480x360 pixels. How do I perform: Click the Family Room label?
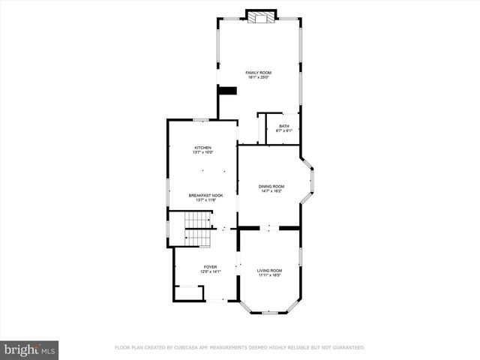(258, 72)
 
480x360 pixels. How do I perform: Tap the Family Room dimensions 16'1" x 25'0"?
(258, 76)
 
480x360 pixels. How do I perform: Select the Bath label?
(284, 126)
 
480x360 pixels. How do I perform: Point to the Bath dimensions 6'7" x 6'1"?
(284, 130)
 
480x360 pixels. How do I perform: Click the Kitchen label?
(203, 148)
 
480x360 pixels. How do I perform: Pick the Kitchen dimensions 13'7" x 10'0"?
(203, 152)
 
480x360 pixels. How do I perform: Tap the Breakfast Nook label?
(205, 195)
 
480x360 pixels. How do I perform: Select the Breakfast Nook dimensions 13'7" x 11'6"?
(205, 199)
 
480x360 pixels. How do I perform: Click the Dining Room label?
(271, 186)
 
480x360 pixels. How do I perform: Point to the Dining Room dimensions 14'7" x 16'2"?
(271, 190)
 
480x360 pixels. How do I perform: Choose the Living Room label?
(269, 270)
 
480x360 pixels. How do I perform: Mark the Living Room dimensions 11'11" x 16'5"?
(269, 274)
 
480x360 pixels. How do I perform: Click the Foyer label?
(210, 266)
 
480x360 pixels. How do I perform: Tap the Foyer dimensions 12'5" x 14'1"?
(210, 271)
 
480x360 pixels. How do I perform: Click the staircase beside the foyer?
(199, 229)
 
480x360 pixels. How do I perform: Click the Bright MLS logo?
(30, 350)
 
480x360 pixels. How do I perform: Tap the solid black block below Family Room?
(227, 91)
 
